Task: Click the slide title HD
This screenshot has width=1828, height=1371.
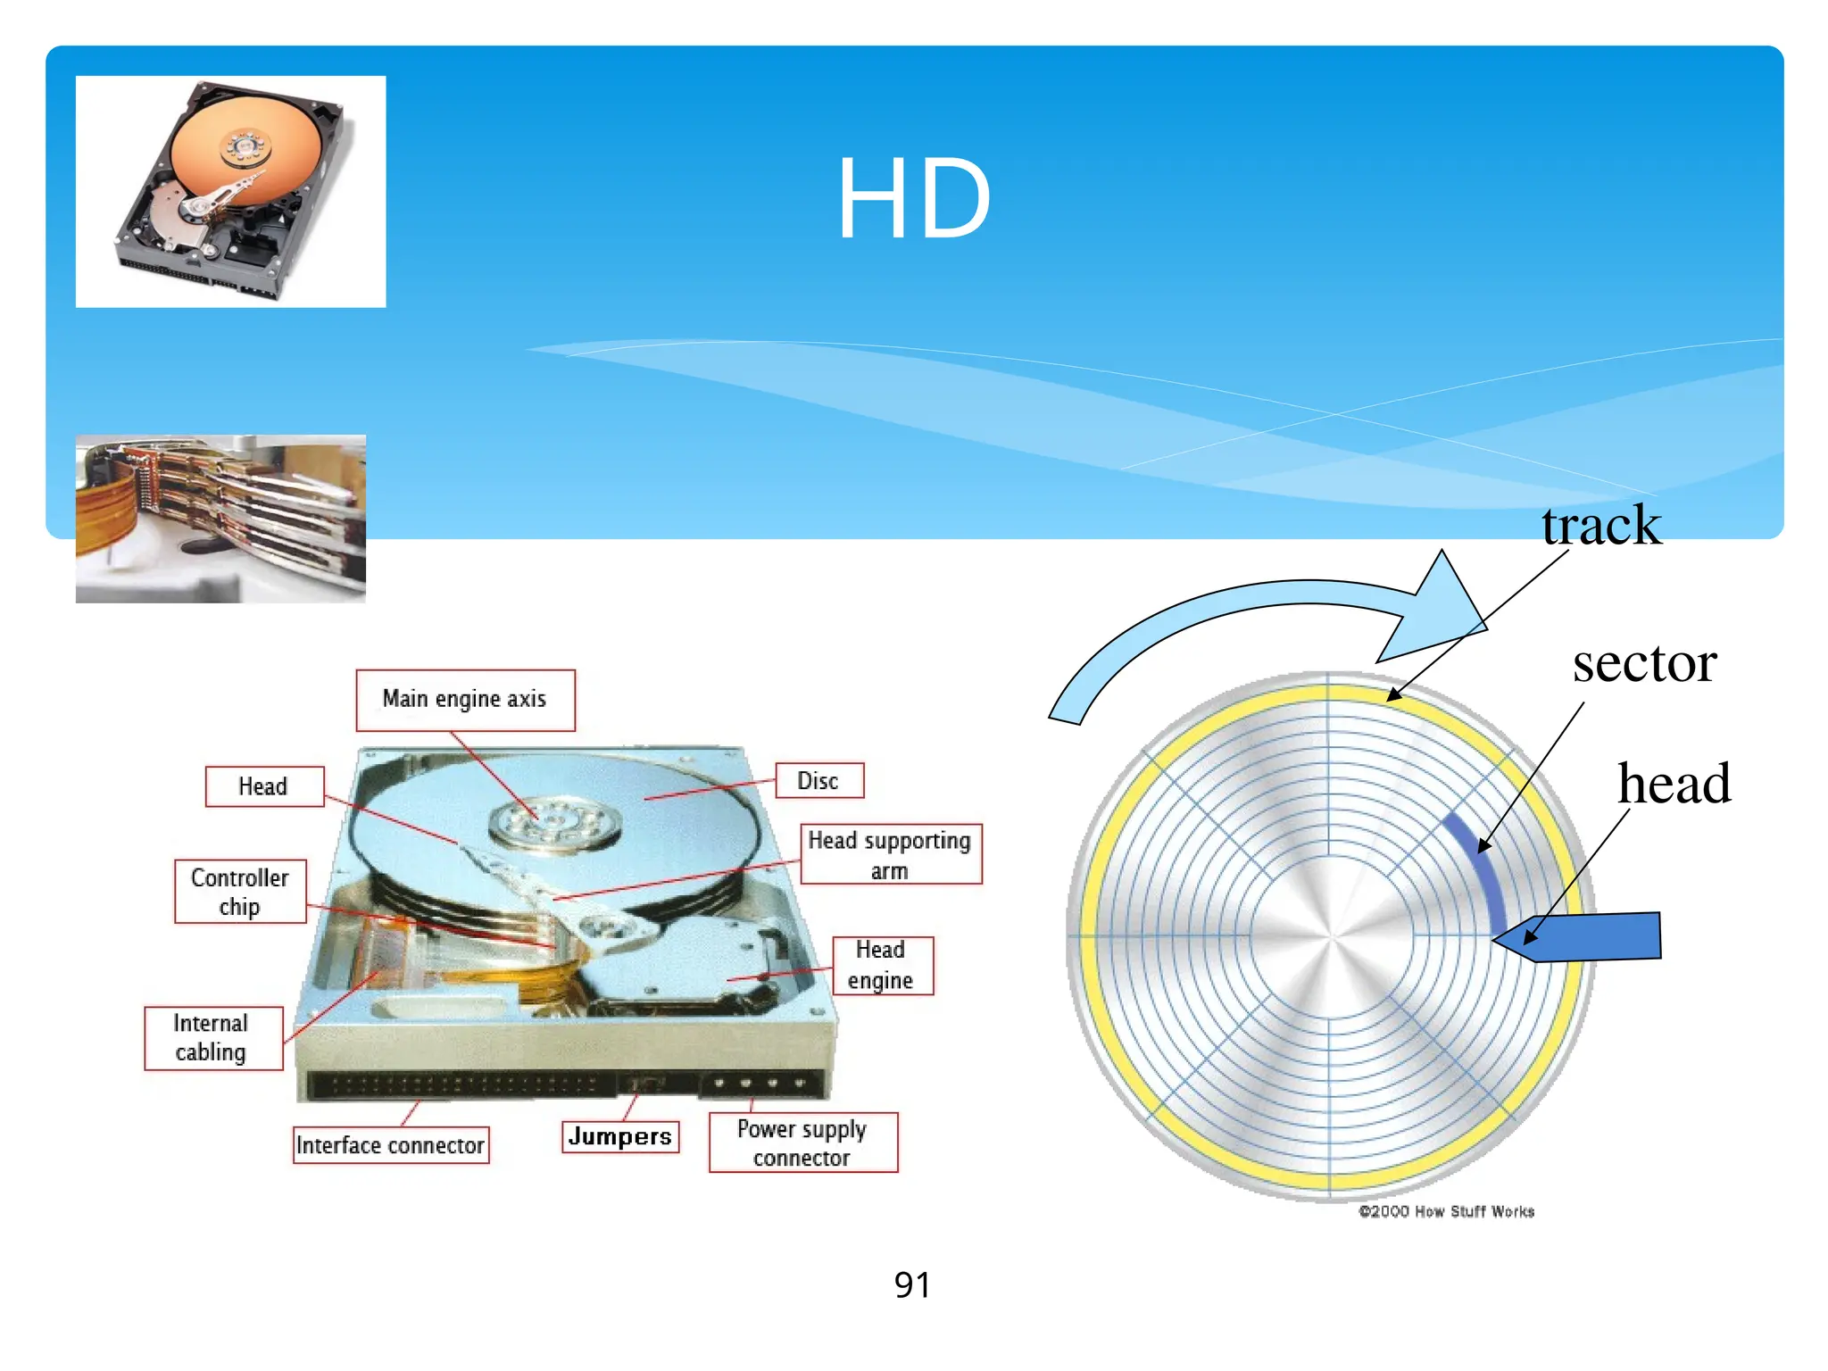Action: pos(913,198)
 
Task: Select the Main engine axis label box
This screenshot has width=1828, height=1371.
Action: pos(465,700)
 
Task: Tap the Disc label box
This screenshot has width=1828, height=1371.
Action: pos(818,781)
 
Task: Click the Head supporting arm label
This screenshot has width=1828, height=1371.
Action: pos(890,854)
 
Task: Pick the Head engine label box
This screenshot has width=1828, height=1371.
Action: pos(882,965)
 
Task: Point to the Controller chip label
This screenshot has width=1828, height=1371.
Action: pos(240,891)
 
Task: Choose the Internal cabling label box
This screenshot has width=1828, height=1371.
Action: pos(212,1037)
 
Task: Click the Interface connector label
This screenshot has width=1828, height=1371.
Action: pos(391,1144)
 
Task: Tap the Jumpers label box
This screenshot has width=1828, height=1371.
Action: pos(620,1136)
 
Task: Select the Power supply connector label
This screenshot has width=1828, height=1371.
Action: pos(802,1142)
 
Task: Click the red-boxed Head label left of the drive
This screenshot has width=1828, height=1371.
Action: pos(264,786)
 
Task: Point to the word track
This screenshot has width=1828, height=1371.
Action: pos(1601,526)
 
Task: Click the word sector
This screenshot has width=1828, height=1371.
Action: pos(1644,663)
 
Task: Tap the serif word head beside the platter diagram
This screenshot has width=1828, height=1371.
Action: pos(1674,784)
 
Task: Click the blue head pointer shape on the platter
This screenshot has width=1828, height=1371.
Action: pos(1589,936)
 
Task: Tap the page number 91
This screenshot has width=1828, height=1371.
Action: pos(912,1285)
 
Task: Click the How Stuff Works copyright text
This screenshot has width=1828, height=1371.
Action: pos(1446,1211)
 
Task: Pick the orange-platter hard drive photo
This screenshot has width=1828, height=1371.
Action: pos(230,191)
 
